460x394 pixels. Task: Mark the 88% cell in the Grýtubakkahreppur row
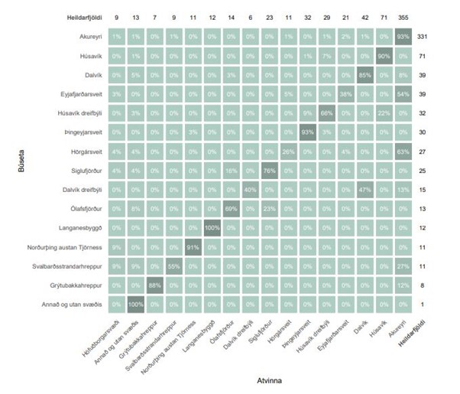tap(154, 285)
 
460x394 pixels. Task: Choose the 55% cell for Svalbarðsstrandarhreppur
tap(173, 265)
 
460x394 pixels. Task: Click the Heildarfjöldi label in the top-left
tap(81, 16)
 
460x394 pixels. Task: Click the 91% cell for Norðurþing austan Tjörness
tap(194, 246)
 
